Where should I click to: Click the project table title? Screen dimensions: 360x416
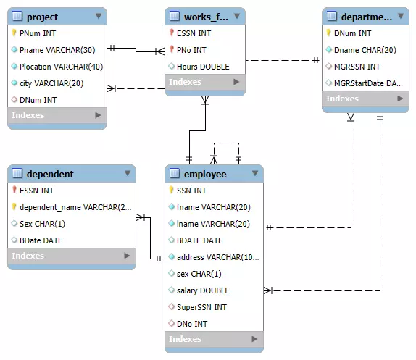42,17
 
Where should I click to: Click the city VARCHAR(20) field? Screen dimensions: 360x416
51,83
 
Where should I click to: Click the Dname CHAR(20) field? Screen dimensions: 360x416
365,50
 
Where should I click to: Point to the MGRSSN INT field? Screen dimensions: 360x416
357,67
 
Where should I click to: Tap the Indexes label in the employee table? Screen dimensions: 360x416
185,339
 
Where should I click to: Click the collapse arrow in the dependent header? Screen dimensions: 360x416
128,174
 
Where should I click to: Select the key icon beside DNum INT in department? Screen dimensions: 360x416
328,33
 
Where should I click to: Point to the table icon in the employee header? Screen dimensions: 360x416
174,174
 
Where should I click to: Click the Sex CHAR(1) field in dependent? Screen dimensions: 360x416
42,224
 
